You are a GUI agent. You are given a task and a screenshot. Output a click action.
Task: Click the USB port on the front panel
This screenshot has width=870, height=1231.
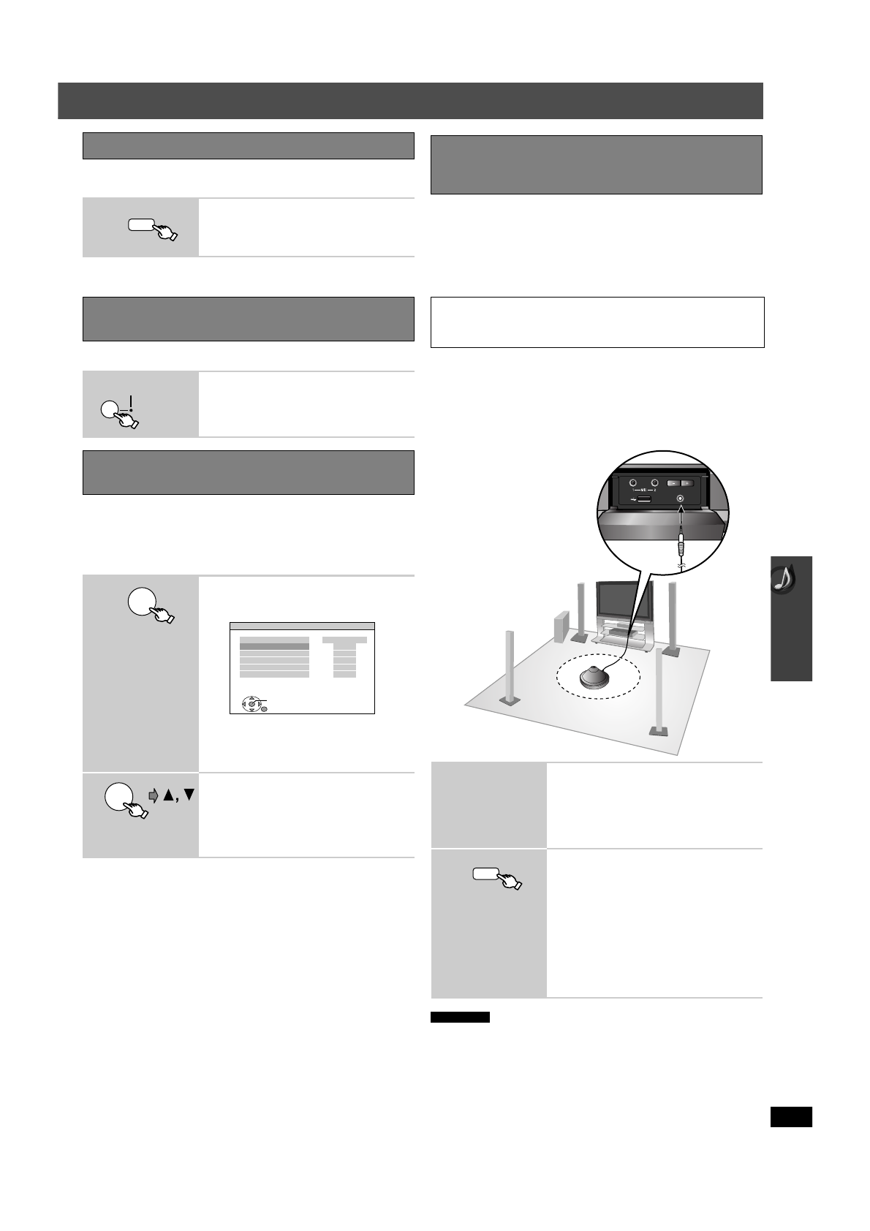644,500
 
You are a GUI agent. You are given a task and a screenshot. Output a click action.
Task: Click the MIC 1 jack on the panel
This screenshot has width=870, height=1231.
634,482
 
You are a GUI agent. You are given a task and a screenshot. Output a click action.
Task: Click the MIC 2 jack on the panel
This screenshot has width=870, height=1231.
655,482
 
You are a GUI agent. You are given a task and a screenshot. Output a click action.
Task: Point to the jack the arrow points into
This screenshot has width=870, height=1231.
681,499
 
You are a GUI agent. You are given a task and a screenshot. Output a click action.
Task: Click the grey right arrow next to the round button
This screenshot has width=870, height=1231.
154,796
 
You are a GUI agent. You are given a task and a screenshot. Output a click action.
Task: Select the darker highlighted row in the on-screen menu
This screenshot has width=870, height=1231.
274,646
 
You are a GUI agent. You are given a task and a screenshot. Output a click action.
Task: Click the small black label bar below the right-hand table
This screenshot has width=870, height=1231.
459,1017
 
